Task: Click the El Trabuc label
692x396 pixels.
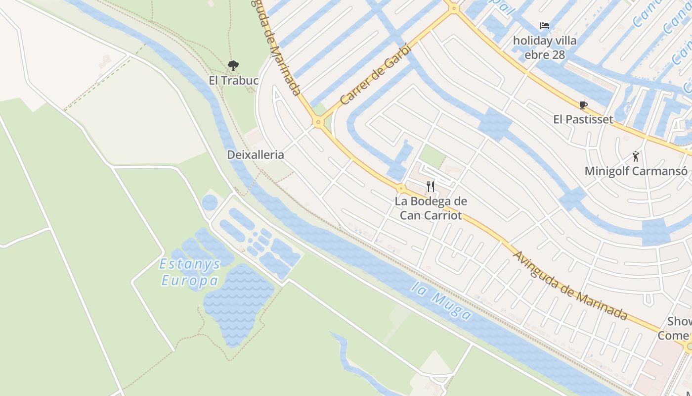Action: pyautogui.click(x=233, y=80)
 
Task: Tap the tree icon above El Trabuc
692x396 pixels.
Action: pyautogui.click(x=233, y=65)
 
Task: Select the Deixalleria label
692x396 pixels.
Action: pyautogui.click(x=255, y=154)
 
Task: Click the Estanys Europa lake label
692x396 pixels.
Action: pyautogui.click(x=189, y=273)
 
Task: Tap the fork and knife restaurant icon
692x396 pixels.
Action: pyautogui.click(x=431, y=187)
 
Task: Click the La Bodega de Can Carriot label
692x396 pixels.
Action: pyautogui.click(x=431, y=208)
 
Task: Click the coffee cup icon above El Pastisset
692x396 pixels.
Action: pyautogui.click(x=583, y=105)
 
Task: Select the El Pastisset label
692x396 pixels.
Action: pyautogui.click(x=583, y=119)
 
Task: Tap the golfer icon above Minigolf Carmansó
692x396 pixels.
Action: pyautogui.click(x=636, y=157)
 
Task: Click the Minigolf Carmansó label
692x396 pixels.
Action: pyautogui.click(x=636, y=171)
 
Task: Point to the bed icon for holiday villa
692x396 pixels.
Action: pyautogui.click(x=545, y=26)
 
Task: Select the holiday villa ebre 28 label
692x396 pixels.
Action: pyautogui.click(x=545, y=48)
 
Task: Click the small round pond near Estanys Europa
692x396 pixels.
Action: pyautogui.click(x=210, y=202)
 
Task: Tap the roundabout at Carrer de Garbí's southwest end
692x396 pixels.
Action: pyautogui.click(x=318, y=122)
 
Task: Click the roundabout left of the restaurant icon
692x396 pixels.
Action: pyautogui.click(x=401, y=188)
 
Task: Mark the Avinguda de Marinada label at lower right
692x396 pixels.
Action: pyautogui.click(x=570, y=286)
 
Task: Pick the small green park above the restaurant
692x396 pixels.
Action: pyautogui.click(x=432, y=155)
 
